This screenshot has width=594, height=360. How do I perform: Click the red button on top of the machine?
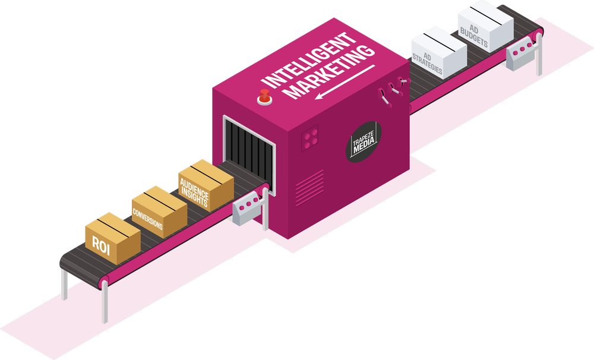[x=263, y=97]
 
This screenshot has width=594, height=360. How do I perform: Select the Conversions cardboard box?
[x=159, y=211]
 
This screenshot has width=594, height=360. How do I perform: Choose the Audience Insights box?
[x=204, y=185]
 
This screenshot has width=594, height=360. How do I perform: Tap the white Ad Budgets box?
[x=485, y=28]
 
